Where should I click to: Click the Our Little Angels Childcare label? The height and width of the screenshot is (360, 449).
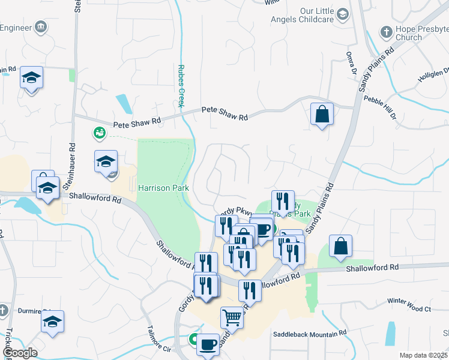pos(316,15)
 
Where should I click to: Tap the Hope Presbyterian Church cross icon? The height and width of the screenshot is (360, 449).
pos(386,31)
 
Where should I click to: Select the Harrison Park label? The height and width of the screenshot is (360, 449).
pos(163,188)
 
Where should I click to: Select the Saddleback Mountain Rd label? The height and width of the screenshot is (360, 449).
pos(310,333)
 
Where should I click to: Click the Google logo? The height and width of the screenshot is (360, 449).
pos(19,353)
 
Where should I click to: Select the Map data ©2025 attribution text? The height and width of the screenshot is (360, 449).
pos(423,355)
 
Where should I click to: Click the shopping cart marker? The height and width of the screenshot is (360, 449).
pos(232,317)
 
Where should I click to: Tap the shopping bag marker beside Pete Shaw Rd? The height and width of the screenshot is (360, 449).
pos(322,113)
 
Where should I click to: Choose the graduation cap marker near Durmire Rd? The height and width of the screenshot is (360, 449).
pos(52,321)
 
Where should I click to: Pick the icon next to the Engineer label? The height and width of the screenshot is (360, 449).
pos(41,26)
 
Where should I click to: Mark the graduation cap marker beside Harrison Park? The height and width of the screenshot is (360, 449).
pos(106,161)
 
